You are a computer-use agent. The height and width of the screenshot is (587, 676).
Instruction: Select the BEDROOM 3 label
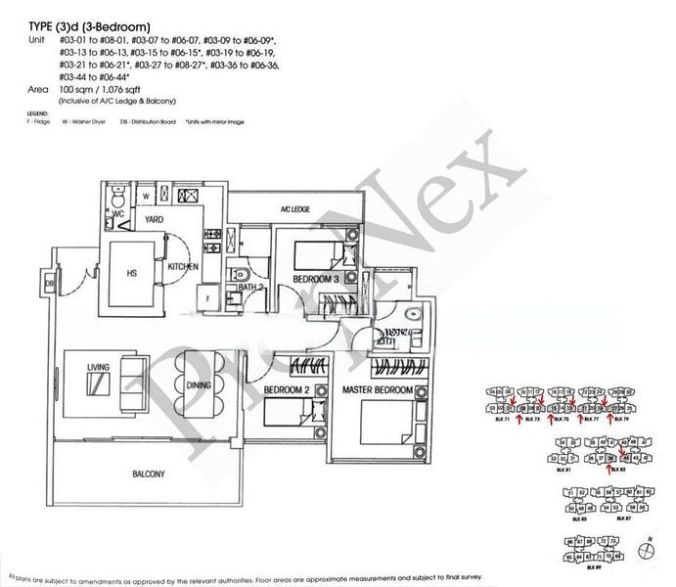tap(316, 280)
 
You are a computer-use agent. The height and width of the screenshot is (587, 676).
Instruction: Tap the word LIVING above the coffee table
tap(99, 367)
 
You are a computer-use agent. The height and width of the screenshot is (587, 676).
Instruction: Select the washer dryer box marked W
tap(145, 196)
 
